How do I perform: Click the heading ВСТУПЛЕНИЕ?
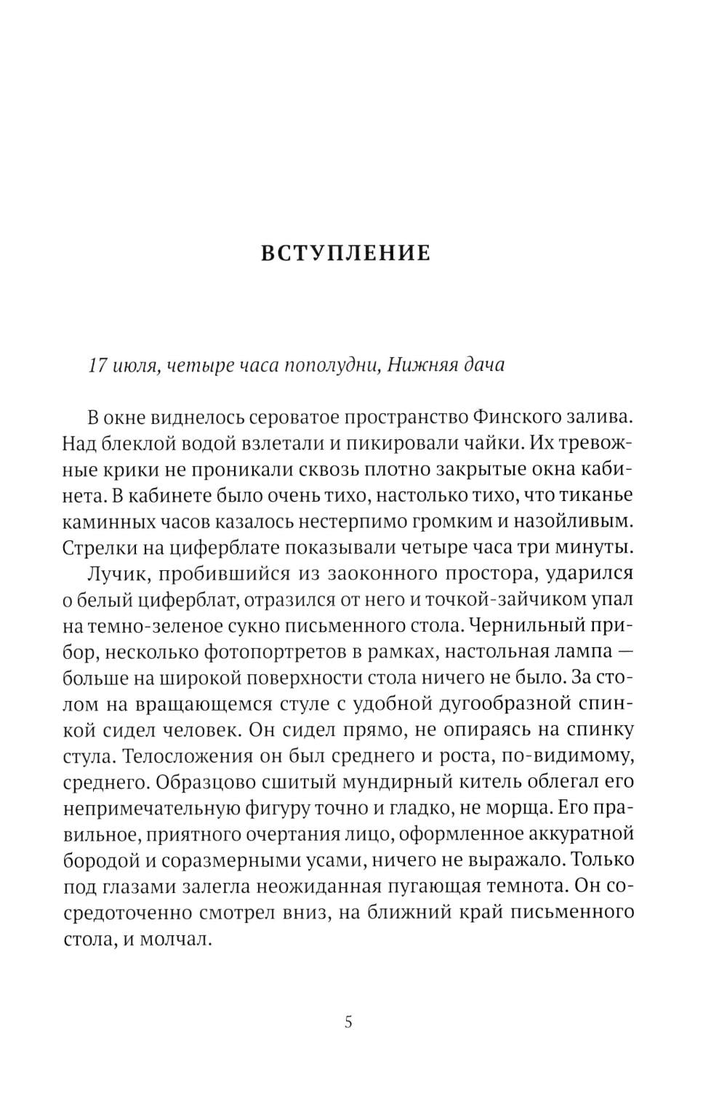pyautogui.click(x=345, y=253)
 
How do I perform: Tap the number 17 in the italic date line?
pyautogui.click(x=97, y=365)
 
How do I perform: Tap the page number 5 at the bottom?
pyautogui.click(x=348, y=1022)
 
